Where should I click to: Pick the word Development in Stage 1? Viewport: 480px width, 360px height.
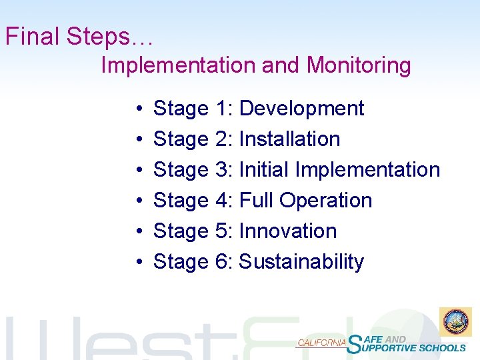click(x=301, y=108)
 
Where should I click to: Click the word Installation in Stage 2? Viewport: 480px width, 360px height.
click(x=289, y=139)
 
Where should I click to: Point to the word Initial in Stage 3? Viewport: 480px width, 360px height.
click(x=263, y=169)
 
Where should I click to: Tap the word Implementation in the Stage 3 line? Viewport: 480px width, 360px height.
click(x=367, y=169)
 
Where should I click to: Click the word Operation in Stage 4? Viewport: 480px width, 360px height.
click(x=326, y=200)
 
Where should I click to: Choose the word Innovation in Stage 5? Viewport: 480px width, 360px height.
click(x=287, y=231)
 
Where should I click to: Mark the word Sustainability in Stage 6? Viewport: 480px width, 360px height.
click(x=301, y=261)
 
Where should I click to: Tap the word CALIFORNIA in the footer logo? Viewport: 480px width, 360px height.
click(x=321, y=343)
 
